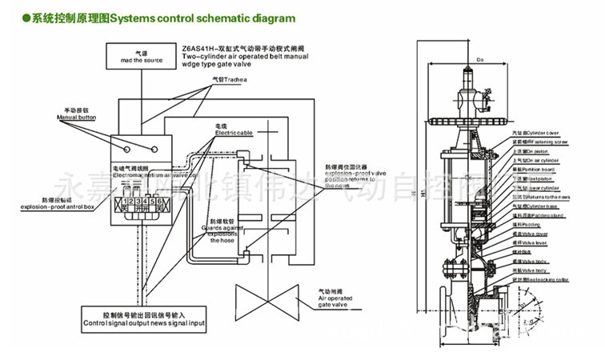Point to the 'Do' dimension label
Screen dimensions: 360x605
(x=481, y=59)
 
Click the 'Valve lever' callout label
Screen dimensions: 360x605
(x=536, y=243)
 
